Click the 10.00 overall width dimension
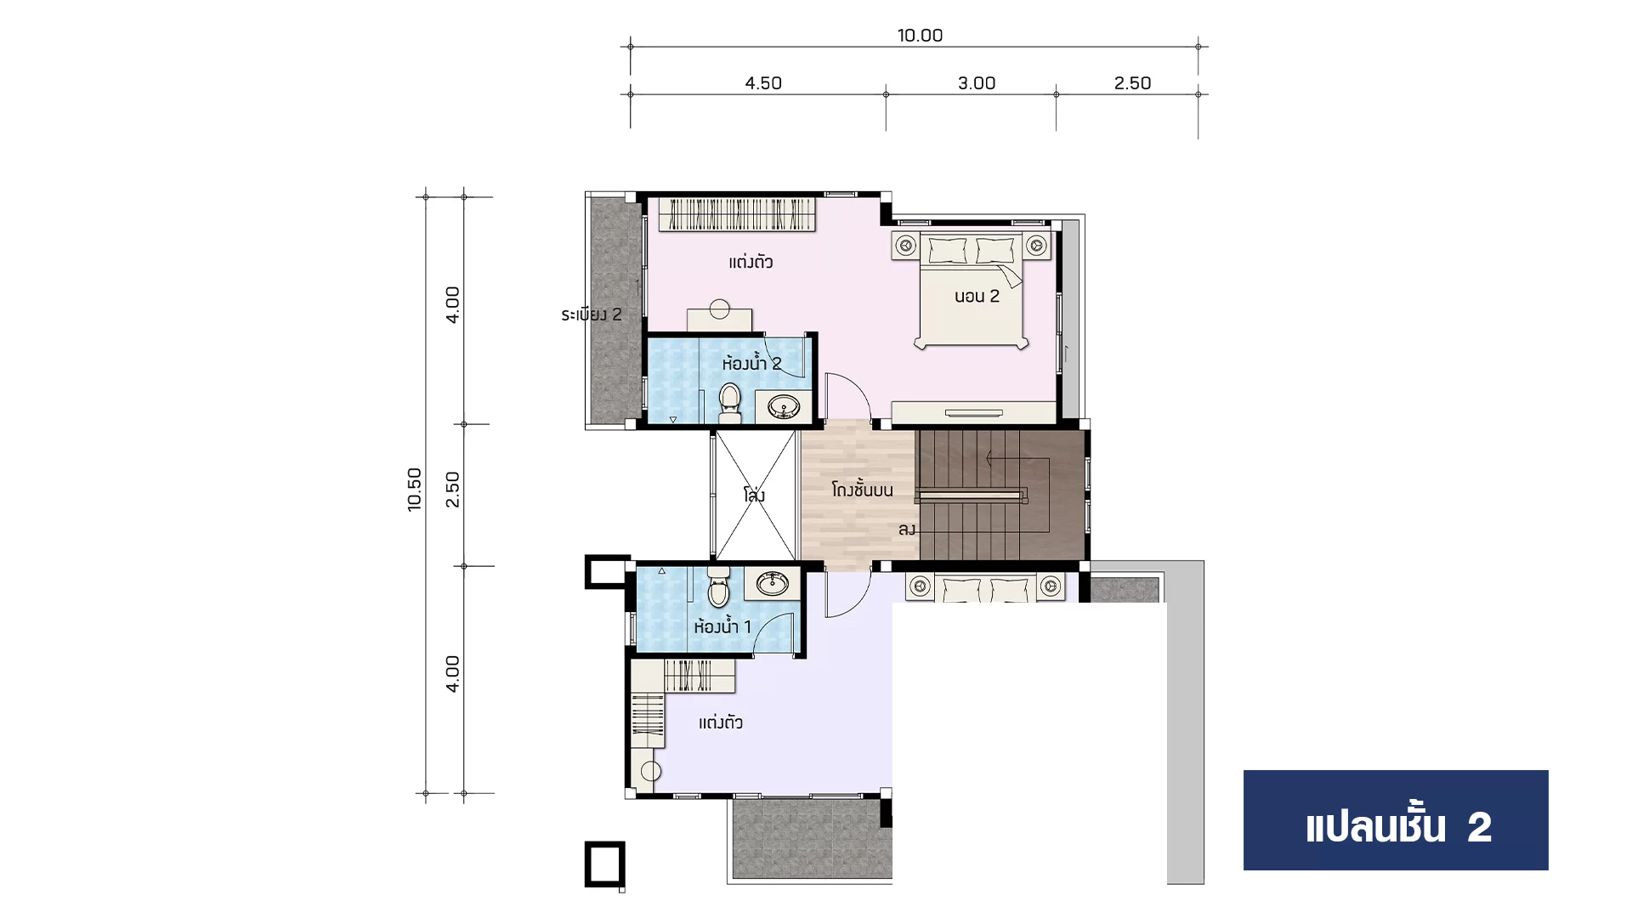point(920,36)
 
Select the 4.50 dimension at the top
point(763,83)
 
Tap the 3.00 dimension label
point(977,83)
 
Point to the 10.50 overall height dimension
point(415,490)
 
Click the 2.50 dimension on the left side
point(453,490)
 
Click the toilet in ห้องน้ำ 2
point(729,404)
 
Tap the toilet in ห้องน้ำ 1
point(718,587)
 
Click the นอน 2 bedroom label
point(977,297)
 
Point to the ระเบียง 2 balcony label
point(592,314)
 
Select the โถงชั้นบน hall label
point(862,490)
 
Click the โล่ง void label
point(754,495)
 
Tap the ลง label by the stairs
point(907,530)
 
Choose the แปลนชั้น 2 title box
point(1396,820)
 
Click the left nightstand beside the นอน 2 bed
point(906,246)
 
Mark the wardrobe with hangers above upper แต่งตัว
point(738,213)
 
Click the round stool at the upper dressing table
point(720,308)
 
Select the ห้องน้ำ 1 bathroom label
point(722,627)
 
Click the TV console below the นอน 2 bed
point(974,413)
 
